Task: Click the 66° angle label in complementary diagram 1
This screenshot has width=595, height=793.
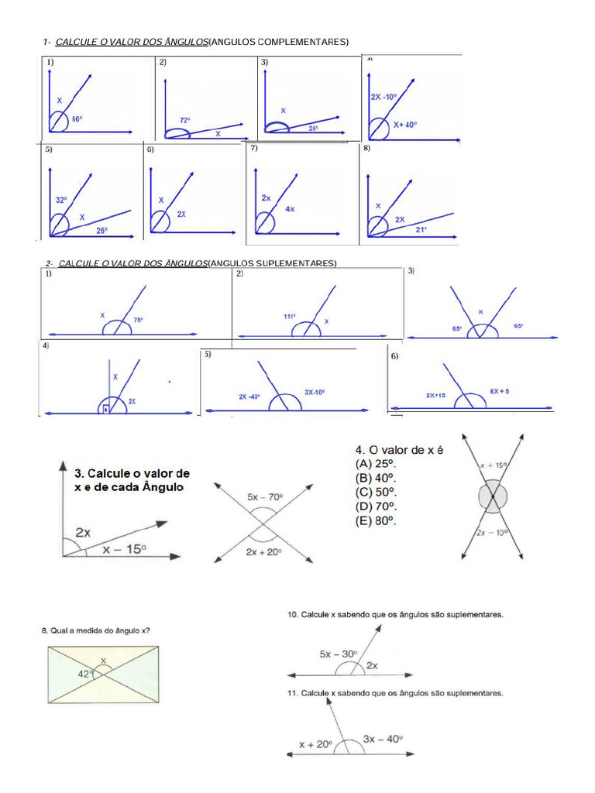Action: point(77,119)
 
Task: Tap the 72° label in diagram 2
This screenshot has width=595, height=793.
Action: point(185,120)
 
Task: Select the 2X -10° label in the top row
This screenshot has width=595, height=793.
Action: point(383,97)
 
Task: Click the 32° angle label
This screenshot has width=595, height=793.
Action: point(61,200)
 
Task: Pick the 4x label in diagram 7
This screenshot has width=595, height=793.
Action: point(290,208)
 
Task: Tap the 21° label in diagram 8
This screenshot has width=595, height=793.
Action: point(421,229)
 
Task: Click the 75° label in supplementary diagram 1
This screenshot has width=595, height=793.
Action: point(139,319)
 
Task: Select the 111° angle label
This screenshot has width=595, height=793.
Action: point(290,316)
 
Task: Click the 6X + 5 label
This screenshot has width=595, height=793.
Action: point(500,392)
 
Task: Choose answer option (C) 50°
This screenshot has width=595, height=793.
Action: point(376,493)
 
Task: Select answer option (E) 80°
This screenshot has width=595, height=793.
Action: point(376,521)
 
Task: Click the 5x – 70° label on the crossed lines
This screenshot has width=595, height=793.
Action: point(265,496)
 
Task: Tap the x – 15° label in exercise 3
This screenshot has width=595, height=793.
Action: point(124,549)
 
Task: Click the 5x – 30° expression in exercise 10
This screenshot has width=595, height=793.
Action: point(339,654)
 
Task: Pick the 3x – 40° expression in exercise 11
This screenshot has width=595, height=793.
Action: point(383,739)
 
